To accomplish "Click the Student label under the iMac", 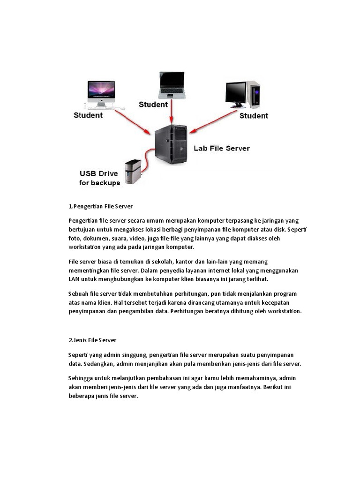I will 88,115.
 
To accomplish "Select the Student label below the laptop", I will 153,105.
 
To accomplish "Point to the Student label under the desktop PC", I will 254,115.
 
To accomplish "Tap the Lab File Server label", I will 222,148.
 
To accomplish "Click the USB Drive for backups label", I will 99,178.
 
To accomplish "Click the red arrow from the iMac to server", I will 135,120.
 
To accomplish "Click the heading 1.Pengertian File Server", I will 100,206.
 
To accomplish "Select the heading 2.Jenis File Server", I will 92,340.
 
